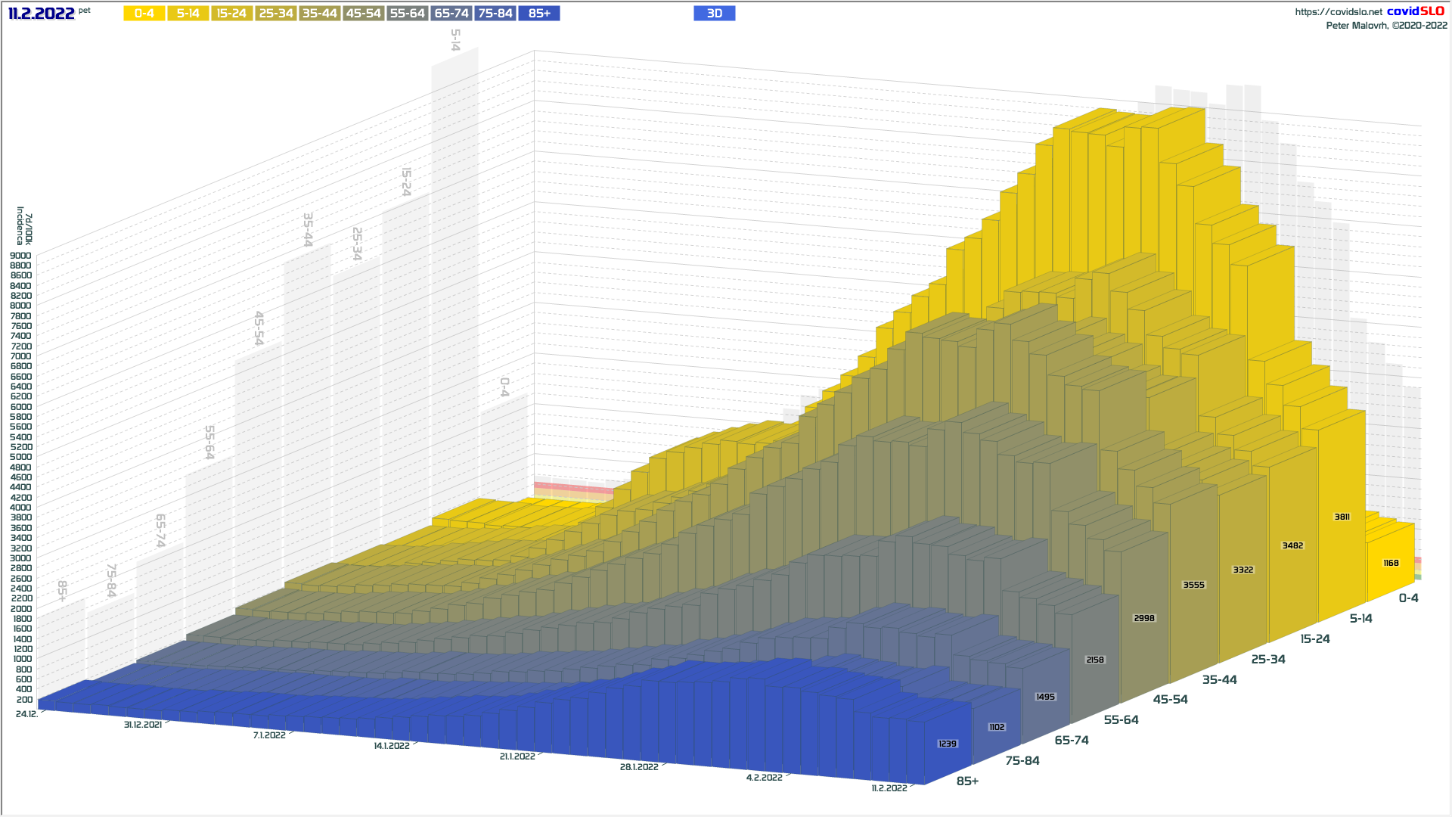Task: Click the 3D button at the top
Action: point(714,14)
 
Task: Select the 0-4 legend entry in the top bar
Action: point(144,14)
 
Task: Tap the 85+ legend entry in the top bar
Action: point(539,14)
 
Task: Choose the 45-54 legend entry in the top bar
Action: point(363,14)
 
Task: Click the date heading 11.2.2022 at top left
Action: point(42,14)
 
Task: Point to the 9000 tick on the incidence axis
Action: point(20,256)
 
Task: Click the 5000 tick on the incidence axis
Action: point(20,457)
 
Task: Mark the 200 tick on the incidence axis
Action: point(24,699)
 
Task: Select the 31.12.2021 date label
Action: point(143,725)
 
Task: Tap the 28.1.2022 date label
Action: point(639,767)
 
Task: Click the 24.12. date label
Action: point(26,714)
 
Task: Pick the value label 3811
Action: point(1342,517)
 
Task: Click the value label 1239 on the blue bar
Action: point(948,744)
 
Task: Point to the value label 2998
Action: point(1144,618)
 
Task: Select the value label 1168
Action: point(1391,563)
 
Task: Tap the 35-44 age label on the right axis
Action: point(1220,679)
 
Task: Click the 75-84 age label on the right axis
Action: point(1022,760)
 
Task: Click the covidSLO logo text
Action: point(1415,11)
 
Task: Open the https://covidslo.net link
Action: point(1339,12)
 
